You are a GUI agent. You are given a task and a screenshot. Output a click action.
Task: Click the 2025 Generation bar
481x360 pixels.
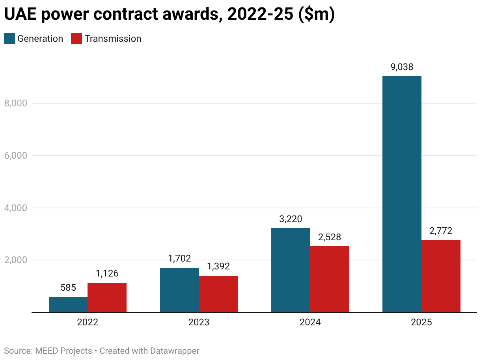point(402,194)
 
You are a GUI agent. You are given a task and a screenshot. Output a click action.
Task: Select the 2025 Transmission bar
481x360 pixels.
point(441,276)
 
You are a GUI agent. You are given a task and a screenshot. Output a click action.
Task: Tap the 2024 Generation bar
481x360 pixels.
point(291,270)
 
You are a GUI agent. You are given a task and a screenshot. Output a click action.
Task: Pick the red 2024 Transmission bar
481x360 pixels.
point(330,279)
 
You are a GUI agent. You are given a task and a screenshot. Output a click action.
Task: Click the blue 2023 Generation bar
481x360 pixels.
point(179,290)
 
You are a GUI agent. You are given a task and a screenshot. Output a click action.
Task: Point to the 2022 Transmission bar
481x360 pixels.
point(107,297)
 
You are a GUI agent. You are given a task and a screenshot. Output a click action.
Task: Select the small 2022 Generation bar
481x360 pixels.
point(68,304)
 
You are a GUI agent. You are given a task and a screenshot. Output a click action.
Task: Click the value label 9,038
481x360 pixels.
point(402,67)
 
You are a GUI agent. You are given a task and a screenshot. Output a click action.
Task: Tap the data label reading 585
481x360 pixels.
point(68,288)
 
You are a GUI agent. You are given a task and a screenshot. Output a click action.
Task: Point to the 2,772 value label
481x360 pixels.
point(441,231)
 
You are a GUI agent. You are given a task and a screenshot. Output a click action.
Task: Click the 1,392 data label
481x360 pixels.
point(218,267)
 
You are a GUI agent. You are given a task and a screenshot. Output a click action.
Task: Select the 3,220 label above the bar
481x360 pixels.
point(291,219)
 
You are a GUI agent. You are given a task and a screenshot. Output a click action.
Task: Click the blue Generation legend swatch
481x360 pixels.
point(9,39)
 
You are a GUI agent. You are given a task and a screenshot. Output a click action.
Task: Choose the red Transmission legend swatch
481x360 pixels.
point(76,39)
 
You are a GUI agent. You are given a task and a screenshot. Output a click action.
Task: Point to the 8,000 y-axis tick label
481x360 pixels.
point(15,103)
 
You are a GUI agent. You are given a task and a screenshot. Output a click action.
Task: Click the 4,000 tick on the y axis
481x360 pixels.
point(15,208)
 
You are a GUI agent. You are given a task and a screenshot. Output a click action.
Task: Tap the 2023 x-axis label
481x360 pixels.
point(199,322)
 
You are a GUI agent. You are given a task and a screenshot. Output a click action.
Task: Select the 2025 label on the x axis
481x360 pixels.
point(421,322)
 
